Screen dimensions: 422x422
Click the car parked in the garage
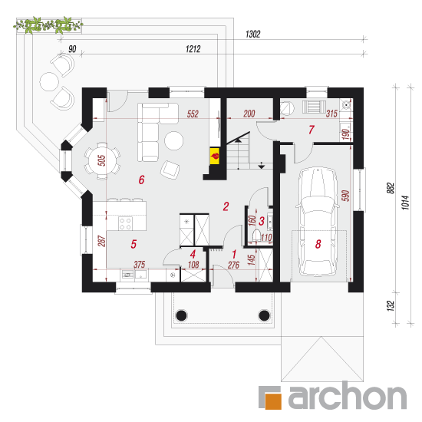318,222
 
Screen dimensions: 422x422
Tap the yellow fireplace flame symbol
215,156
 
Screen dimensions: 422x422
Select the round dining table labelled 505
102,160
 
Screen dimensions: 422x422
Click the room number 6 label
142,180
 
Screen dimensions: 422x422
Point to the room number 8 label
318,244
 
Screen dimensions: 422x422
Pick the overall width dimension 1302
253,35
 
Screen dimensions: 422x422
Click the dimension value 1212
193,49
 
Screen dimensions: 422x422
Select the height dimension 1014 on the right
406,203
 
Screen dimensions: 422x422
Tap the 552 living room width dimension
193,114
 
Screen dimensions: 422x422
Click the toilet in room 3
257,235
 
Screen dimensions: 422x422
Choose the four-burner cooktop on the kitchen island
125,223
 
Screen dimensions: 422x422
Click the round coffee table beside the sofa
174,140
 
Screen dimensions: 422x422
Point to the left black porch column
181,315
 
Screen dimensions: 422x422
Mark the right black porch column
264,315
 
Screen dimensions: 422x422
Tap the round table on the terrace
49,81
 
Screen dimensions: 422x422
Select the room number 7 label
312,130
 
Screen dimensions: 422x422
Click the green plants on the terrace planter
48,25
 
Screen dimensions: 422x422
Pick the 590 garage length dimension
345,196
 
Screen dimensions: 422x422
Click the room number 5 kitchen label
134,244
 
